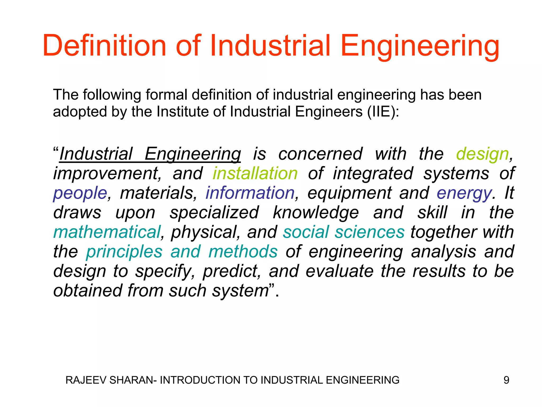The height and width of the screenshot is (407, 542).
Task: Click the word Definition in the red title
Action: [x=104, y=46]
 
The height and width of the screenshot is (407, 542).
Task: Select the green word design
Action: [x=482, y=154]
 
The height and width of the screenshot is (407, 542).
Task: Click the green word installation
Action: [x=255, y=174]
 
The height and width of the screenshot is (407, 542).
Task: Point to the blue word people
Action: [x=80, y=193]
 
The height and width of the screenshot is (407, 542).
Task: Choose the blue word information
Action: [x=250, y=193]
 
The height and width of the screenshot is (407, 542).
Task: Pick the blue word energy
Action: [x=464, y=193]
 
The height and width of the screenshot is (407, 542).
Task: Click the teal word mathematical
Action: [x=107, y=232]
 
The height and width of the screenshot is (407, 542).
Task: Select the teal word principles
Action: [x=124, y=252]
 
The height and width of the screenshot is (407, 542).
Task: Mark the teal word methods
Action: [x=243, y=251]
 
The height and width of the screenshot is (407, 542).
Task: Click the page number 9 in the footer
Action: [x=506, y=380]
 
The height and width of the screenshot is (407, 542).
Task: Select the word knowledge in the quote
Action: [x=316, y=213]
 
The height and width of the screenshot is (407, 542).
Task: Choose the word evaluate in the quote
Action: [x=340, y=271]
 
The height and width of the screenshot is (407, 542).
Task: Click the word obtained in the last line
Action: [x=88, y=291]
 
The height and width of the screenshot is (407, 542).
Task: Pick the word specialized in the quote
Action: [x=214, y=213]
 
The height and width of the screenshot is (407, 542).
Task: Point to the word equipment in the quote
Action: [x=349, y=193]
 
